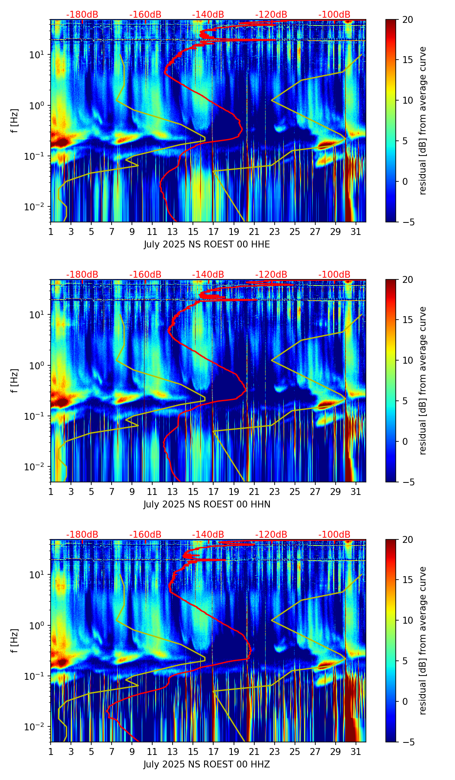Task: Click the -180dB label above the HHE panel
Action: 82,15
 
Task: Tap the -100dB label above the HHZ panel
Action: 334,535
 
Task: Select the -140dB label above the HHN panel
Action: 208,275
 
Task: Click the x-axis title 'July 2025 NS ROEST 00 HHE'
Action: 207,244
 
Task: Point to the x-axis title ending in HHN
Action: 207,504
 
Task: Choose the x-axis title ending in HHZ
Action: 207,764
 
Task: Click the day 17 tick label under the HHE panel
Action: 213,232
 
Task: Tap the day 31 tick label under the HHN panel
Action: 356,492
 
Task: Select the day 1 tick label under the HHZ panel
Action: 51,752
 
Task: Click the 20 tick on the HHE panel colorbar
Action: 407,19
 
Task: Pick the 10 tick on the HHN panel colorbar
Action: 407,360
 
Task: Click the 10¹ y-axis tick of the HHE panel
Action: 40,55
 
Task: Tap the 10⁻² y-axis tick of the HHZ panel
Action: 38,727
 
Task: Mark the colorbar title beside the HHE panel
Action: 423,120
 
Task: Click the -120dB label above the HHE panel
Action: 271,15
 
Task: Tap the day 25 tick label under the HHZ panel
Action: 295,752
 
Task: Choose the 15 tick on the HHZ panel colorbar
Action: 407,580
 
